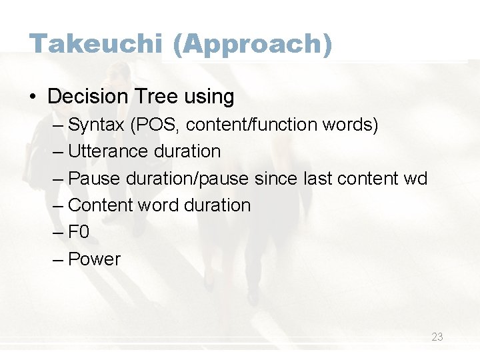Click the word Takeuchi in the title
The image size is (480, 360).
point(95,44)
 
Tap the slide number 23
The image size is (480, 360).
point(437,337)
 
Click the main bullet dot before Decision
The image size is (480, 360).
point(33,97)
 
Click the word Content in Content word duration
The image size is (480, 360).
point(101,205)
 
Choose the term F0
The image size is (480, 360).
point(79,232)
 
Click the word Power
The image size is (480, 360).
point(94,259)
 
